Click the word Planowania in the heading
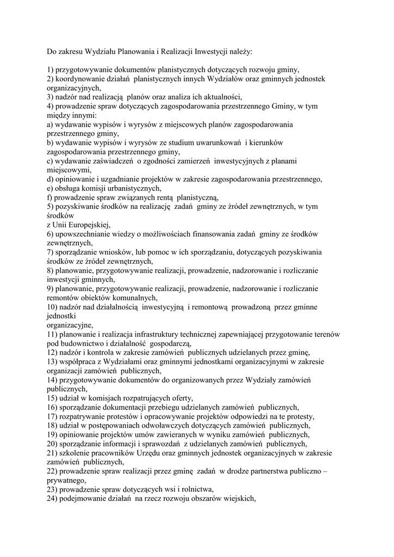(135, 52)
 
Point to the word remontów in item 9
(63, 298)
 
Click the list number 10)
(53, 307)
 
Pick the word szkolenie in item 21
(75, 453)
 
